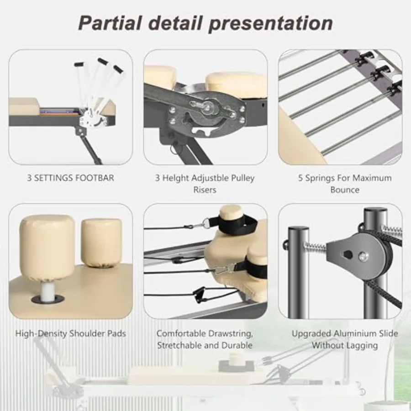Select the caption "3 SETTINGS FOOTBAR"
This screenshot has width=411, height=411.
click(x=70, y=178)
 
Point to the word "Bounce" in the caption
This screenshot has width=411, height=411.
click(x=345, y=190)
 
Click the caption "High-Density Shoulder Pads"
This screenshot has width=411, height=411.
click(x=70, y=333)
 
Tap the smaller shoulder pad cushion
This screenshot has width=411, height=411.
click(x=101, y=241)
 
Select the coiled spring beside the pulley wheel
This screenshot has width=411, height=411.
click(x=315, y=247)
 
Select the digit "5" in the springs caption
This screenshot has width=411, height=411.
click(x=300, y=178)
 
